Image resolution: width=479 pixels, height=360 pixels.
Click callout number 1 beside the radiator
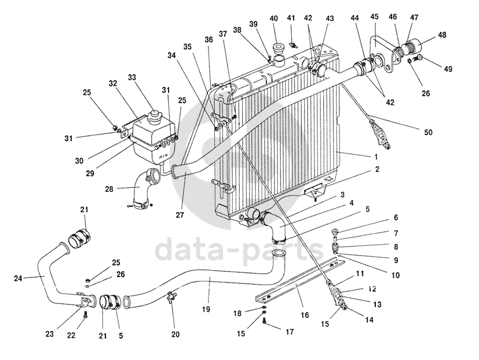(376, 157)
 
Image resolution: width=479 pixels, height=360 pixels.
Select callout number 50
(428, 133)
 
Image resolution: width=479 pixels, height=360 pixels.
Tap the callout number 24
(17, 278)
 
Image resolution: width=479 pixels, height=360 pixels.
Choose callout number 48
(443, 35)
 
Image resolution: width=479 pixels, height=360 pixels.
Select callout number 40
(274, 18)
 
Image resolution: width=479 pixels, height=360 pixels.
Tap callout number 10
(396, 275)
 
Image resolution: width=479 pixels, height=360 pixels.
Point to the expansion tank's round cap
(155, 115)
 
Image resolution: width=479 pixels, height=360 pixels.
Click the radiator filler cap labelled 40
(279, 47)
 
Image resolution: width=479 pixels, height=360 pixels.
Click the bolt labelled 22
(86, 314)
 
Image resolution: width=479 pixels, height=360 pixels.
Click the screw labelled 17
(264, 322)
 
